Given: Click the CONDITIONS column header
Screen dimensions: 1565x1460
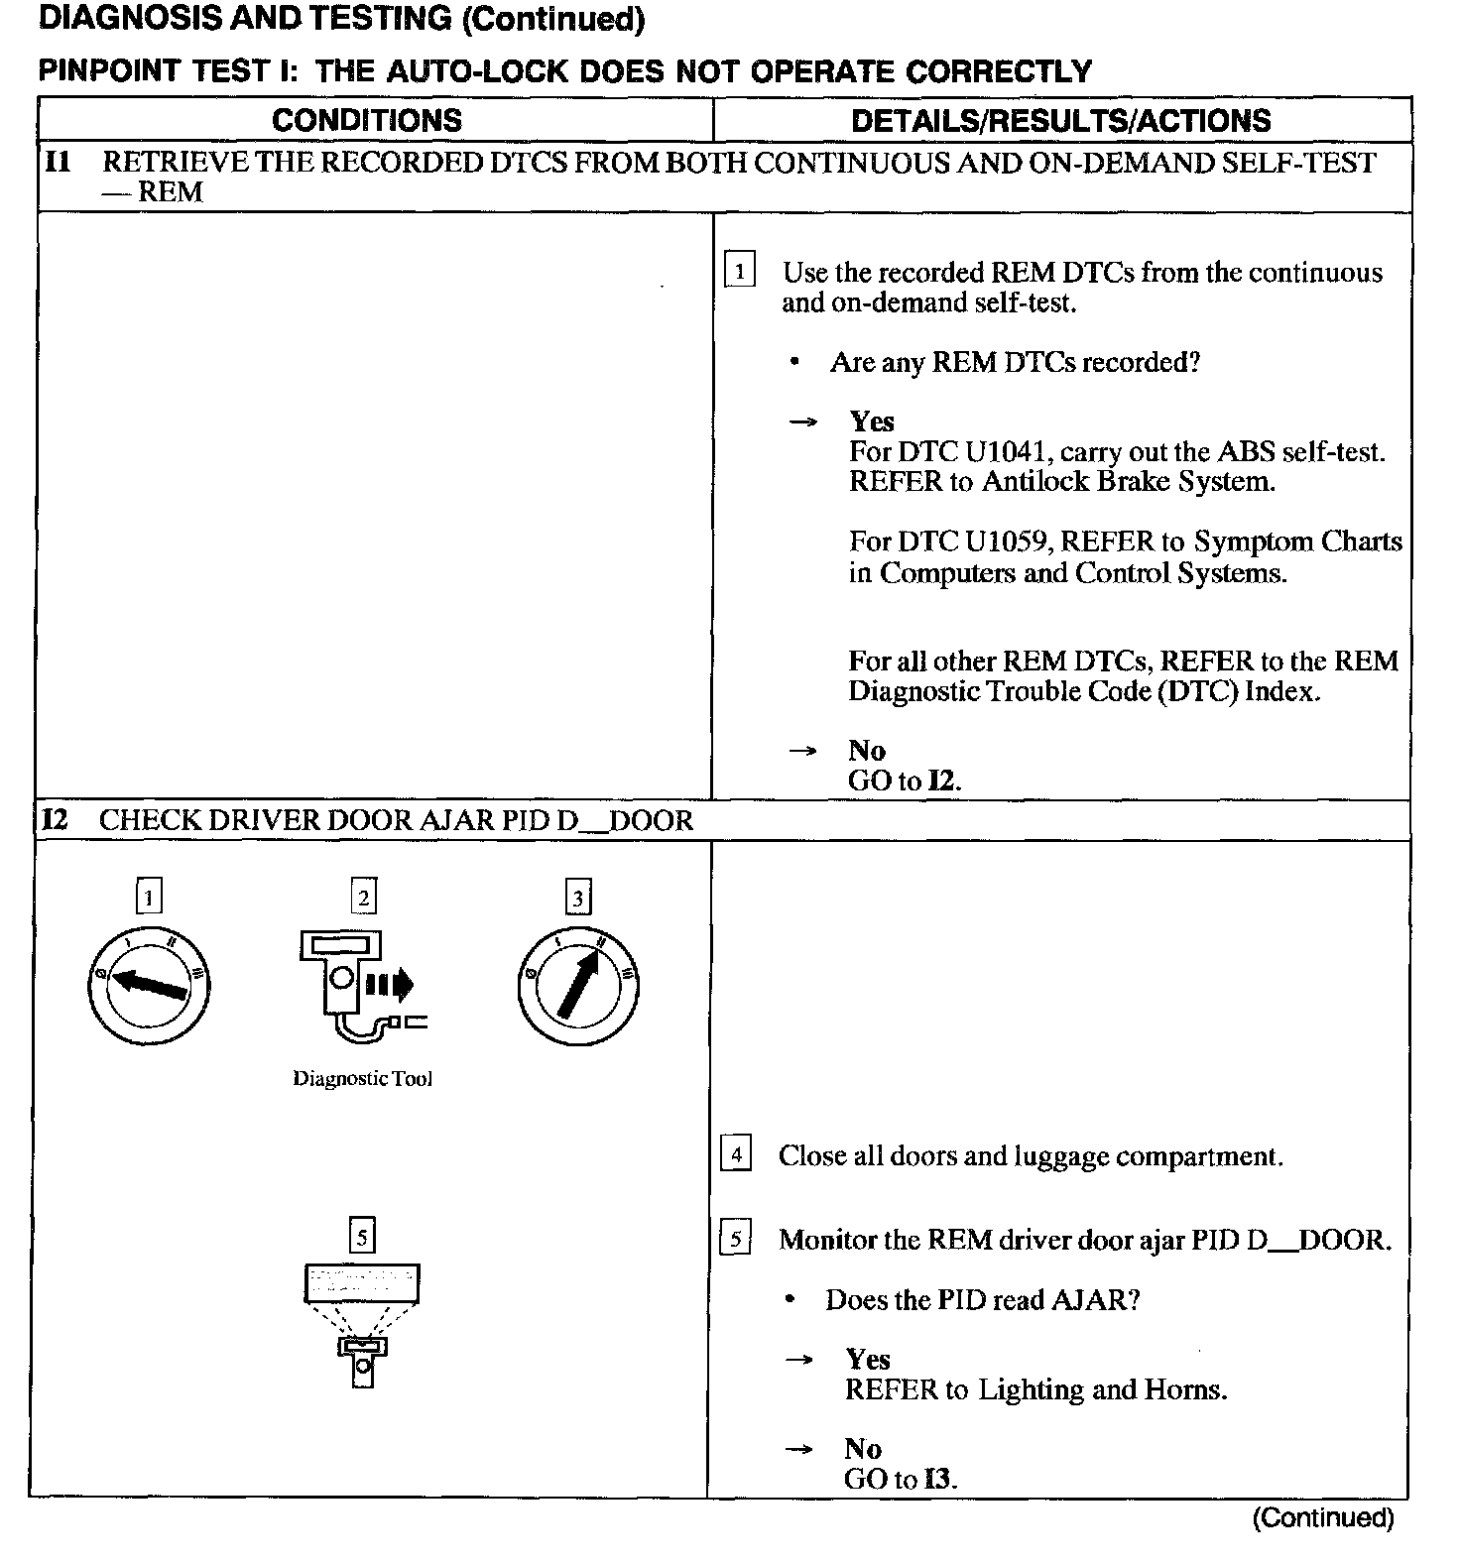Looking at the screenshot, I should tap(367, 120).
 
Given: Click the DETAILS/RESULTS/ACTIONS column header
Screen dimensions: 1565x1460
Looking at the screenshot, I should tap(1061, 120).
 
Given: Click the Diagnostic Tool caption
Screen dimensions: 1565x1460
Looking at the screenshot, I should tap(362, 1079).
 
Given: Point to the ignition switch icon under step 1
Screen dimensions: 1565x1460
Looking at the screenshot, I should tap(149, 985).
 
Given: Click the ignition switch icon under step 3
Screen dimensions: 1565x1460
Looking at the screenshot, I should tap(577, 985).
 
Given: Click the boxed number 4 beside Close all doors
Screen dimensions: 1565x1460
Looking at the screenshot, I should tap(735, 1154).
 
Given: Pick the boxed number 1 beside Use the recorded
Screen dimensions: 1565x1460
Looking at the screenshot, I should tap(740, 271).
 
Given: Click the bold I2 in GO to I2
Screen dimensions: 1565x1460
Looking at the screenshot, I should tap(942, 781).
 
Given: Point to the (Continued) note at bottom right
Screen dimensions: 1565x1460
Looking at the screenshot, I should tap(1322, 1517).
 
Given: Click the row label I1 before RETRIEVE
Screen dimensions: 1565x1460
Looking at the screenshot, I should tap(59, 162).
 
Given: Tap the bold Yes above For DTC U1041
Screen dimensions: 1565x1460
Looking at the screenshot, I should tap(871, 421).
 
